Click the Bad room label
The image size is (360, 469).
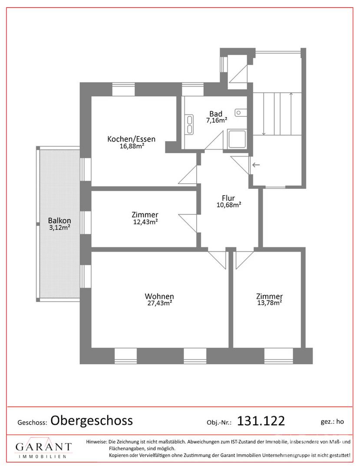click(x=215, y=114)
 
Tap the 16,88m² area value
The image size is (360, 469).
click(x=132, y=146)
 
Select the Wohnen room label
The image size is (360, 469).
click(x=159, y=297)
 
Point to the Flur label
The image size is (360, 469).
click(x=228, y=198)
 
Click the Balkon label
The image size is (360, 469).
click(x=60, y=221)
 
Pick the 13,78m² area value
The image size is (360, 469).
click(x=270, y=303)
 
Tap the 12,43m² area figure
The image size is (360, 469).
click(x=145, y=221)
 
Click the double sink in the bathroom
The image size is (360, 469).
click(x=189, y=124)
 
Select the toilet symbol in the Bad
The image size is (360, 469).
click(x=241, y=112)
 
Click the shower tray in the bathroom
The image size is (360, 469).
click(x=237, y=139)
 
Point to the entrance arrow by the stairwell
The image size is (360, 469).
click(x=256, y=165)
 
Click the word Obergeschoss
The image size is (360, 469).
click(x=92, y=420)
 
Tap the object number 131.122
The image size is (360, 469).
click(x=261, y=421)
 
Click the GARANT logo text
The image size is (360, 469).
click(x=44, y=447)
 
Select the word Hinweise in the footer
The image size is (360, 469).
click(x=96, y=442)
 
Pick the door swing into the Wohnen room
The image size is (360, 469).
click(x=218, y=259)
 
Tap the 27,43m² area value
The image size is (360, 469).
click(x=159, y=303)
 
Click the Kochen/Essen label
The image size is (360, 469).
click(x=131, y=139)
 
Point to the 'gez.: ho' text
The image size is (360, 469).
click(x=332, y=421)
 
